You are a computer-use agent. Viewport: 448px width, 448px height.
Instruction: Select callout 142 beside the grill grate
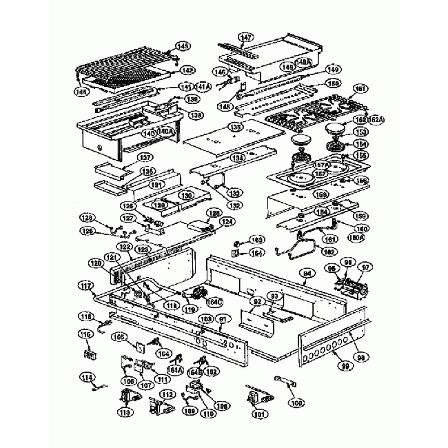coord(186,70)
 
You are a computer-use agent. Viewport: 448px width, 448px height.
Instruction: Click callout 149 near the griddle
coord(334,70)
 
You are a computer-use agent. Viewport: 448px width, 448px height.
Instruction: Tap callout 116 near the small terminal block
coord(85,334)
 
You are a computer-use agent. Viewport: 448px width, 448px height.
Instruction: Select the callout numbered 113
coord(125,413)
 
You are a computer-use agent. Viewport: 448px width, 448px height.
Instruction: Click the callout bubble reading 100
coord(296,401)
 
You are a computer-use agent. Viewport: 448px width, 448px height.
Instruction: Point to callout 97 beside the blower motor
coord(366,267)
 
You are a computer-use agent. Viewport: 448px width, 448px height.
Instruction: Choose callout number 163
coord(257,240)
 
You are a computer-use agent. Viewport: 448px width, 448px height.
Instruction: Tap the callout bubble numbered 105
coord(119,337)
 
